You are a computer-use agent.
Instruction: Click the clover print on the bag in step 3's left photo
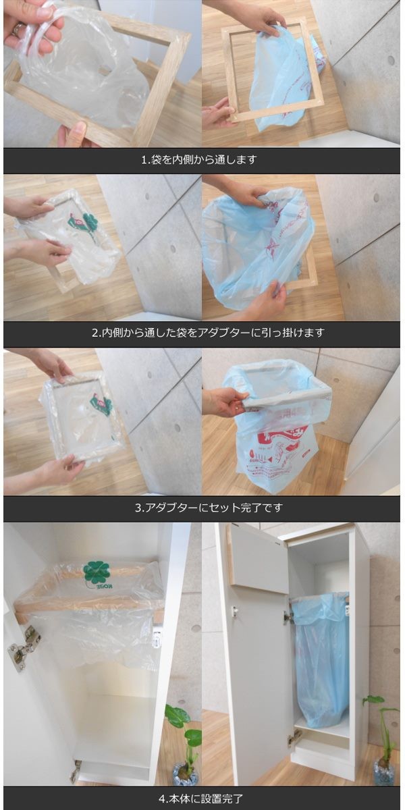[101, 405]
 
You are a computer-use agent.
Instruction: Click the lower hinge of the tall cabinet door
[295, 737]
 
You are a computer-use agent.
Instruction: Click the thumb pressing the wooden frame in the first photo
[76, 132]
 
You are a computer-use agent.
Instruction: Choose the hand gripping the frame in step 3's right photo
[223, 403]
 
